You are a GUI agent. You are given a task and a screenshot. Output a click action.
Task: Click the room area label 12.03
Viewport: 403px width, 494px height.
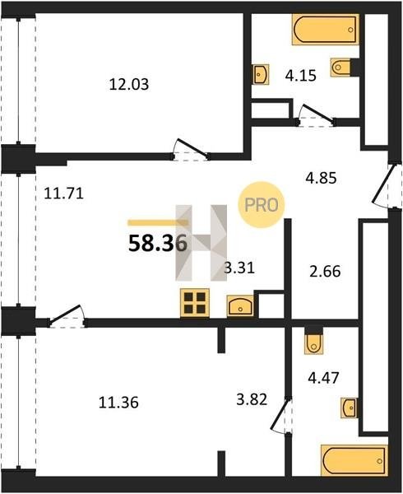(x=129, y=85)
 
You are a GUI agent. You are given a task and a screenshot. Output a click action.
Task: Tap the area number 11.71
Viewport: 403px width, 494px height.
(x=64, y=193)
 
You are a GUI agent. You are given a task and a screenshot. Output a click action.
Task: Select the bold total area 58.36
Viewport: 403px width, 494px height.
(x=158, y=244)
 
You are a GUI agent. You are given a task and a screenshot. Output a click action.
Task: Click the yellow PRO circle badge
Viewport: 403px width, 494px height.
(x=262, y=205)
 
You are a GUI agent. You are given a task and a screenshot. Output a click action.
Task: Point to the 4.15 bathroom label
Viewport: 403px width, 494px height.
(x=301, y=76)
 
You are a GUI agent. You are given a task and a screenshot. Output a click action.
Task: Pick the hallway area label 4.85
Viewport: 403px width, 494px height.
(x=322, y=178)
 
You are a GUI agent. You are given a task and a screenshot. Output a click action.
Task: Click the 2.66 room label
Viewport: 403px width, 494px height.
(x=325, y=271)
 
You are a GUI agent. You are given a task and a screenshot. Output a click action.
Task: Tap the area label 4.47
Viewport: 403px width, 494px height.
(x=323, y=378)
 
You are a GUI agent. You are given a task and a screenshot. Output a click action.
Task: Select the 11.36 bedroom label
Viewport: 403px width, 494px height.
(x=118, y=403)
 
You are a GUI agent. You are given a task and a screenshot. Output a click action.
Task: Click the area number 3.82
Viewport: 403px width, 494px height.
(x=252, y=399)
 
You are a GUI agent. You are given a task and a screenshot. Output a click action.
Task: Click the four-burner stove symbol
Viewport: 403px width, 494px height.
(x=195, y=303)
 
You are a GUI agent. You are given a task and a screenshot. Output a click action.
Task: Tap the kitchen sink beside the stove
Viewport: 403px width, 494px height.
(x=240, y=306)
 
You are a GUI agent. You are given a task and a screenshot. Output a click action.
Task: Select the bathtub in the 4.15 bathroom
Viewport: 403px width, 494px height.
(x=326, y=30)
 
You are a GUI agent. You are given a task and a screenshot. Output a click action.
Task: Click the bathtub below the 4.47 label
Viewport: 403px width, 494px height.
(x=354, y=460)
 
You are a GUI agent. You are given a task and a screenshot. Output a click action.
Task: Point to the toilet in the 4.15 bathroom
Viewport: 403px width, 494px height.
(x=340, y=67)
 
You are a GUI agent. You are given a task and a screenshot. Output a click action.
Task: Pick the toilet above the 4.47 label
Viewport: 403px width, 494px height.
(x=313, y=343)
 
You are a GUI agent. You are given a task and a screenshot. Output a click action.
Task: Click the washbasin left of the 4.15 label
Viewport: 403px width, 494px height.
(x=261, y=74)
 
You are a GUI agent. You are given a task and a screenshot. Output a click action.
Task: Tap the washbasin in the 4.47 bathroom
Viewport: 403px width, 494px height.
(x=349, y=408)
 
